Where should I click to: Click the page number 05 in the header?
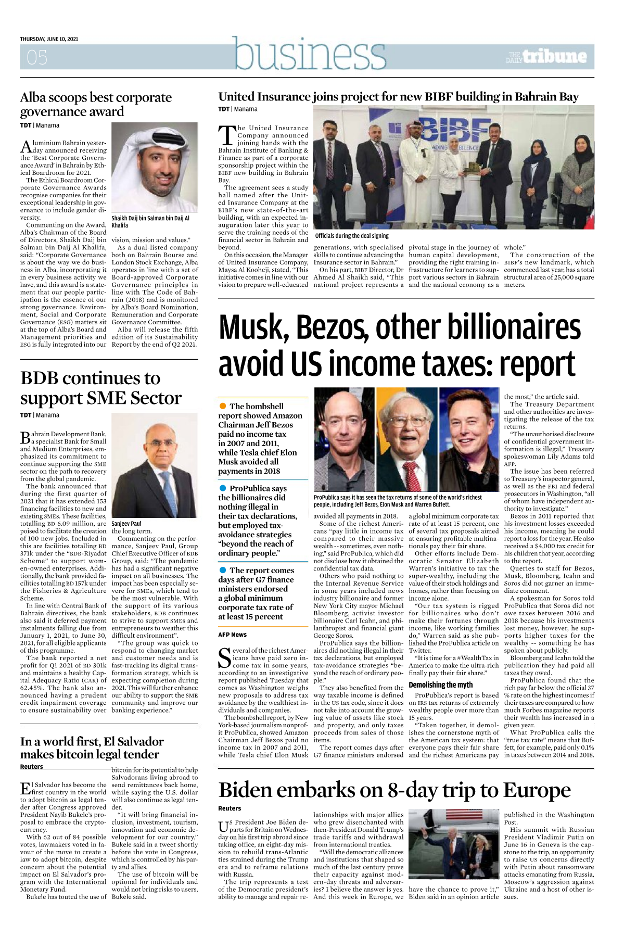[36, 57]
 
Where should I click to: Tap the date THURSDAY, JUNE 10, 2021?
[49, 39]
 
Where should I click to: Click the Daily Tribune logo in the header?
[546, 56]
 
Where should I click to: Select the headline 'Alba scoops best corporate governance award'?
[96, 104]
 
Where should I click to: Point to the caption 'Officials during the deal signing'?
[352, 236]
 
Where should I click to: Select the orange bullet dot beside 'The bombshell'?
[223, 406]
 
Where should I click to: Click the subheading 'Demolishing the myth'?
[440, 685]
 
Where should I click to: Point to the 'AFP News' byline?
[232, 635]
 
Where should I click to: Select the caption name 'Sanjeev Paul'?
[126, 523]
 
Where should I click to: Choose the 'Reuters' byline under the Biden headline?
[230, 808]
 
